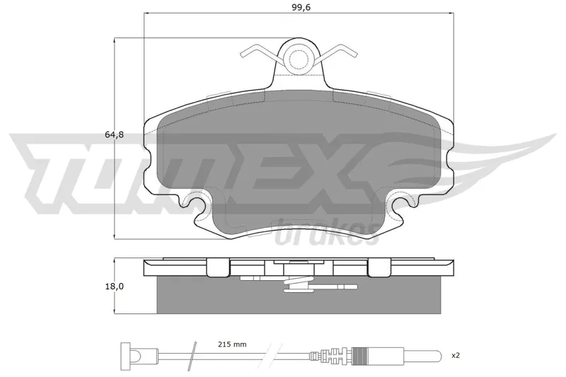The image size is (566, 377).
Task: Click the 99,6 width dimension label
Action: (301, 8)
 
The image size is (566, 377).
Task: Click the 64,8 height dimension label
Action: (114, 135)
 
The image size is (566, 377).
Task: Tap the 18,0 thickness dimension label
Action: (115, 286)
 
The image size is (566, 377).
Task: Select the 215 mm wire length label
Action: (232, 344)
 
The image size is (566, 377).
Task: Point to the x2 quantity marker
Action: (456, 355)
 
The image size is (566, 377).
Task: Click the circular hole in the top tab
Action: (298, 57)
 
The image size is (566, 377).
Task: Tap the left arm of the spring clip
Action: (259, 52)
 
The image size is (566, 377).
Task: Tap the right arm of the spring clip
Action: (337, 52)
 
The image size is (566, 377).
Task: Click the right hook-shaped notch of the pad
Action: (403, 204)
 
